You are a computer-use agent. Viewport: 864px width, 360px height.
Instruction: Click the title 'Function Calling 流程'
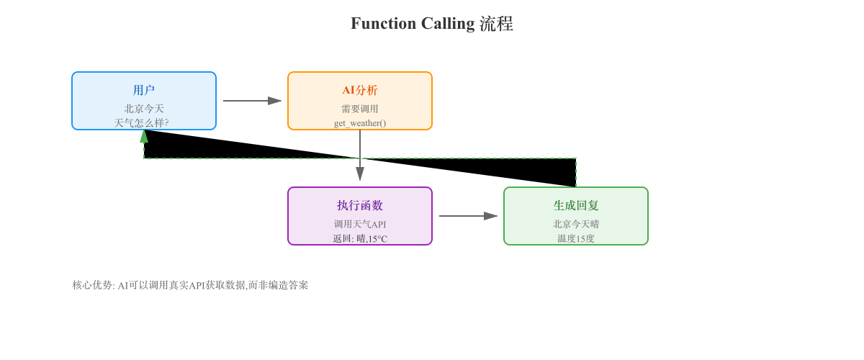[x=431, y=24]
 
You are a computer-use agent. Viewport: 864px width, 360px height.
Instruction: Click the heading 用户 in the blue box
[x=144, y=90]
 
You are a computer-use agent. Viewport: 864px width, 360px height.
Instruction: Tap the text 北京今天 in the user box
[x=144, y=109]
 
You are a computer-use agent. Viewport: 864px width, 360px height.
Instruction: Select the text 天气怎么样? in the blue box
[x=142, y=123]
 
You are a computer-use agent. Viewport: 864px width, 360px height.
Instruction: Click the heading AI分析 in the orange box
[x=360, y=90]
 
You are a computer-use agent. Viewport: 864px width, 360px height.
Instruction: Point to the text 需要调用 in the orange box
[x=360, y=109]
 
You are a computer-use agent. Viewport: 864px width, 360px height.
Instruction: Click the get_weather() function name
[x=360, y=123]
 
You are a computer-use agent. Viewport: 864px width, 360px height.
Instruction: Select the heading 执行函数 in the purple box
[x=360, y=205]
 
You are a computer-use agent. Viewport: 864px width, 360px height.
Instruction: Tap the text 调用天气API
[x=360, y=224]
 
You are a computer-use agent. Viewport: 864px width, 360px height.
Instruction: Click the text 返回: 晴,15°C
[x=360, y=238]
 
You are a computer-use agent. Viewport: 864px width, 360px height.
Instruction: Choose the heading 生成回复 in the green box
[x=576, y=205]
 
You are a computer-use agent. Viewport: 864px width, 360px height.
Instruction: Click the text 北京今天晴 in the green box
[x=576, y=224]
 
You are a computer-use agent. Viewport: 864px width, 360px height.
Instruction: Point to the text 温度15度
[x=576, y=238]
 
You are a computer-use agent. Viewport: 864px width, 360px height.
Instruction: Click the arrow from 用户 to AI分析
[x=252, y=101]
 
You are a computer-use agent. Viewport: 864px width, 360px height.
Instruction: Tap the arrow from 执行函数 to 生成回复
[x=468, y=216]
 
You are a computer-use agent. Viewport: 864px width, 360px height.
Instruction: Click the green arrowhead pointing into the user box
[x=144, y=136]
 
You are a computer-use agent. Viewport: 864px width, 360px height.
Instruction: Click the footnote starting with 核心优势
[x=190, y=285]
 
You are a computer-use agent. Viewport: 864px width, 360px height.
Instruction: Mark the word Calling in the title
[x=447, y=24]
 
